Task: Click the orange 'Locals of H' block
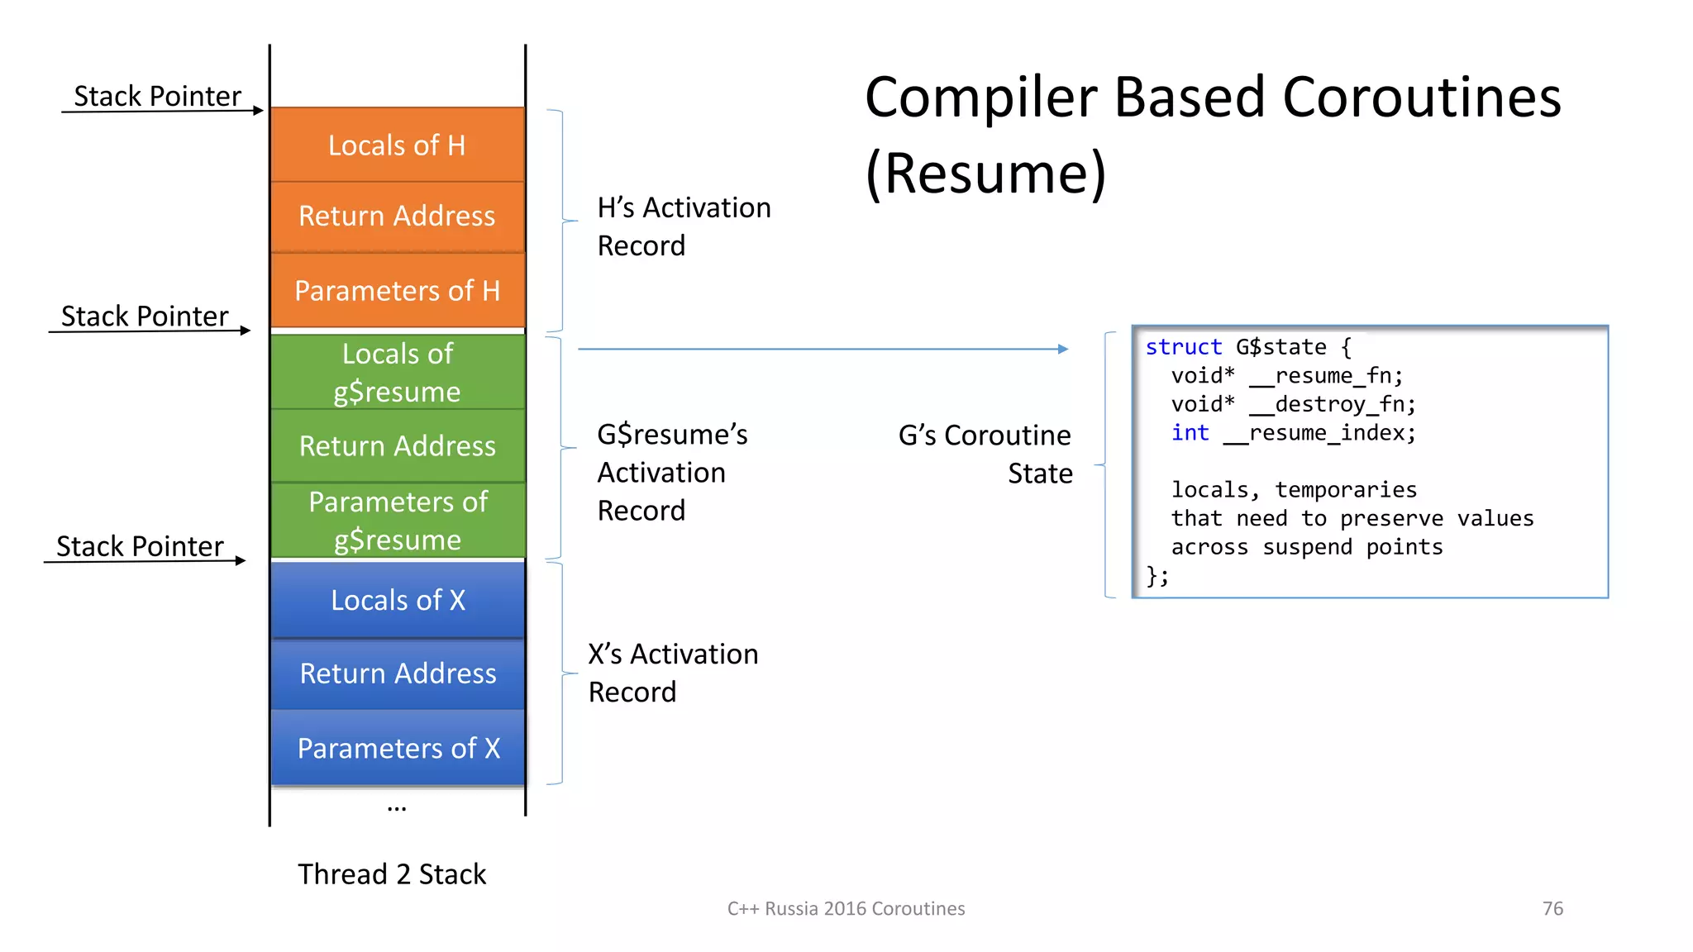pyautogui.click(x=398, y=145)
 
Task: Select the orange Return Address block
pyautogui.click(x=398, y=217)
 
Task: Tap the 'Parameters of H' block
pyautogui.click(x=398, y=291)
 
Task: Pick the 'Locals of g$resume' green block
pyautogui.click(x=398, y=373)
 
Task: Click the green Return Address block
pyautogui.click(x=398, y=446)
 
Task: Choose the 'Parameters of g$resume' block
pyautogui.click(x=398, y=521)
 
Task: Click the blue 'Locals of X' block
pyautogui.click(x=398, y=600)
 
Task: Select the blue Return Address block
pyautogui.click(x=398, y=674)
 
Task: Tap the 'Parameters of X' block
pyautogui.click(x=398, y=748)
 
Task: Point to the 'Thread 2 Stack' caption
pyautogui.click(x=392, y=874)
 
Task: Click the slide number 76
pyautogui.click(x=1552, y=908)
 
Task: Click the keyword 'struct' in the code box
pyautogui.click(x=1183, y=347)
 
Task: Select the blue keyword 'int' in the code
pyautogui.click(x=1190, y=433)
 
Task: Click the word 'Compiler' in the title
pyautogui.click(x=980, y=98)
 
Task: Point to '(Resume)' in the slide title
pyautogui.click(x=985, y=174)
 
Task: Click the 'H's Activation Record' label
pyautogui.click(x=683, y=226)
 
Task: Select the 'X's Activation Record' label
pyautogui.click(x=672, y=673)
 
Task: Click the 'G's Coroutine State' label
pyautogui.click(x=985, y=454)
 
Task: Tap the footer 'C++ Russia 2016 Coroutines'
pyautogui.click(x=846, y=908)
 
